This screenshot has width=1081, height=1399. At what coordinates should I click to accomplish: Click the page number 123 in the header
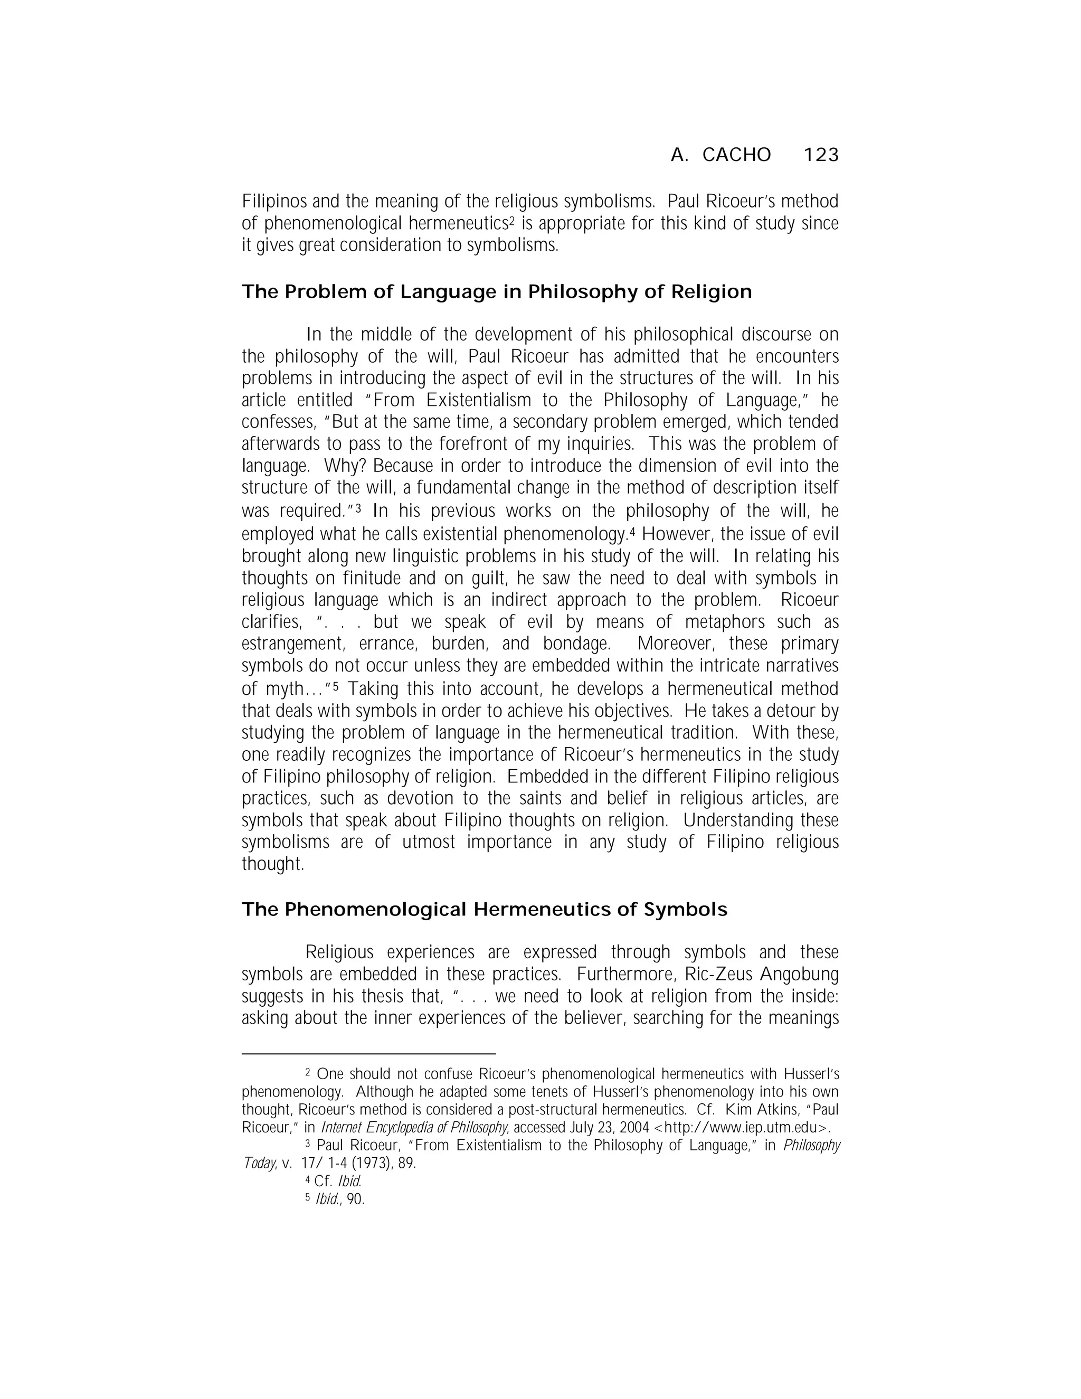tap(820, 155)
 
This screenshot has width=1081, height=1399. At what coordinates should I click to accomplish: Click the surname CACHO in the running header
tap(736, 155)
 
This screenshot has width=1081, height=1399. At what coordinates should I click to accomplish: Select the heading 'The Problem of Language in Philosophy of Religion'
tap(496, 292)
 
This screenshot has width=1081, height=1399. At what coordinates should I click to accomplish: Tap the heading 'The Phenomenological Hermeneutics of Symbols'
tap(484, 910)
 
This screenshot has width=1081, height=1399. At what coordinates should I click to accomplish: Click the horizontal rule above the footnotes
tap(368, 1054)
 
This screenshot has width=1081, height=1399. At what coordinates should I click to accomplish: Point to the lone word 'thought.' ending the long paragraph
tap(272, 864)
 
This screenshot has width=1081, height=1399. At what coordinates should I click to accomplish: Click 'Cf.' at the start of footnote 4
tap(324, 1181)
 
